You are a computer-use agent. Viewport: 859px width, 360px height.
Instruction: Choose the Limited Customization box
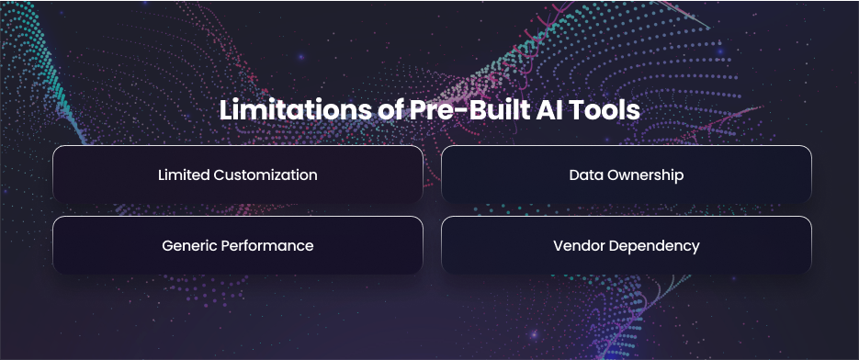point(238,174)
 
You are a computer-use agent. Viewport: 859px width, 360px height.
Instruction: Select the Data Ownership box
point(627,174)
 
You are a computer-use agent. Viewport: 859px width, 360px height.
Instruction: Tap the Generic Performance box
point(238,245)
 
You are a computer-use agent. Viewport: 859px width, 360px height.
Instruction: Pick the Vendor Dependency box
point(627,245)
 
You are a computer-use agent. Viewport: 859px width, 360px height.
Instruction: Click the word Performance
point(267,246)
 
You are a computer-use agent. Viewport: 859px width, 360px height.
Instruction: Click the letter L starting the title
point(226,111)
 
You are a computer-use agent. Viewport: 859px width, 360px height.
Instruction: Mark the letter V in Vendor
point(559,246)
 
